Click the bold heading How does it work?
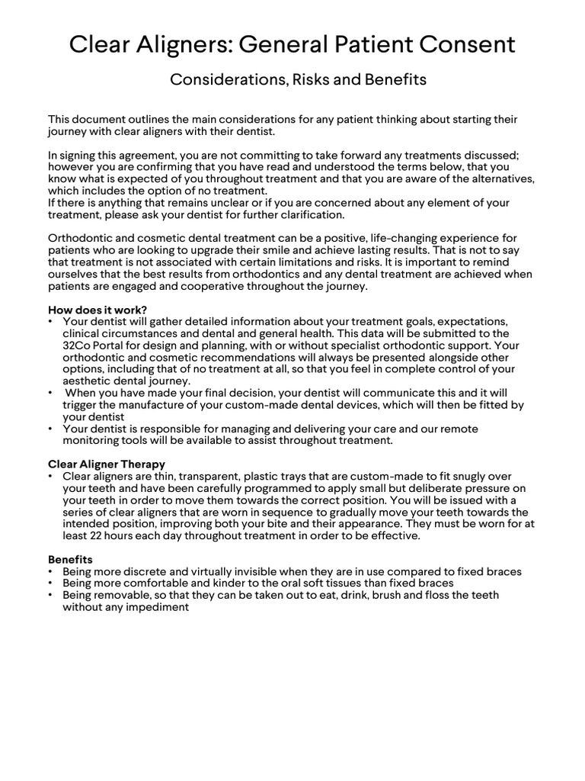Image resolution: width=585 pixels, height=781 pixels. tap(97, 310)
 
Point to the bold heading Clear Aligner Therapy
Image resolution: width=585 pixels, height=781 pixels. tap(107, 464)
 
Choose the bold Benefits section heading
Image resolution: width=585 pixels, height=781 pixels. tap(70, 559)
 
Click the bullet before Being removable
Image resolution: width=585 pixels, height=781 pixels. tap(51, 595)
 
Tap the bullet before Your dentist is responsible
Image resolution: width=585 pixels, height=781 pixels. tap(51, 429)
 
